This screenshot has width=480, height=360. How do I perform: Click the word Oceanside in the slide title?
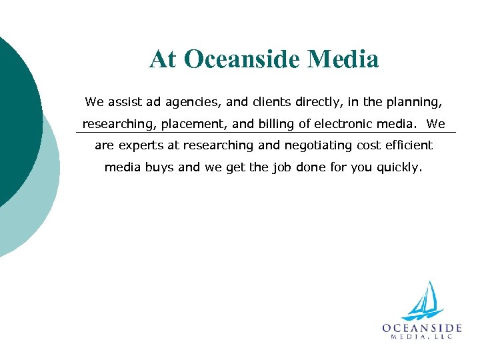pos(241,59)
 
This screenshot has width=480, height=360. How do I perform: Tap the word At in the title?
pos(164,59)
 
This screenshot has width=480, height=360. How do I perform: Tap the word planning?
pos(413,103)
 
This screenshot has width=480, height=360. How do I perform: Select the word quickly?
pos(399,167)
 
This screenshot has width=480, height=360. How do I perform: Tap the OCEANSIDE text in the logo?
pos(422,327)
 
